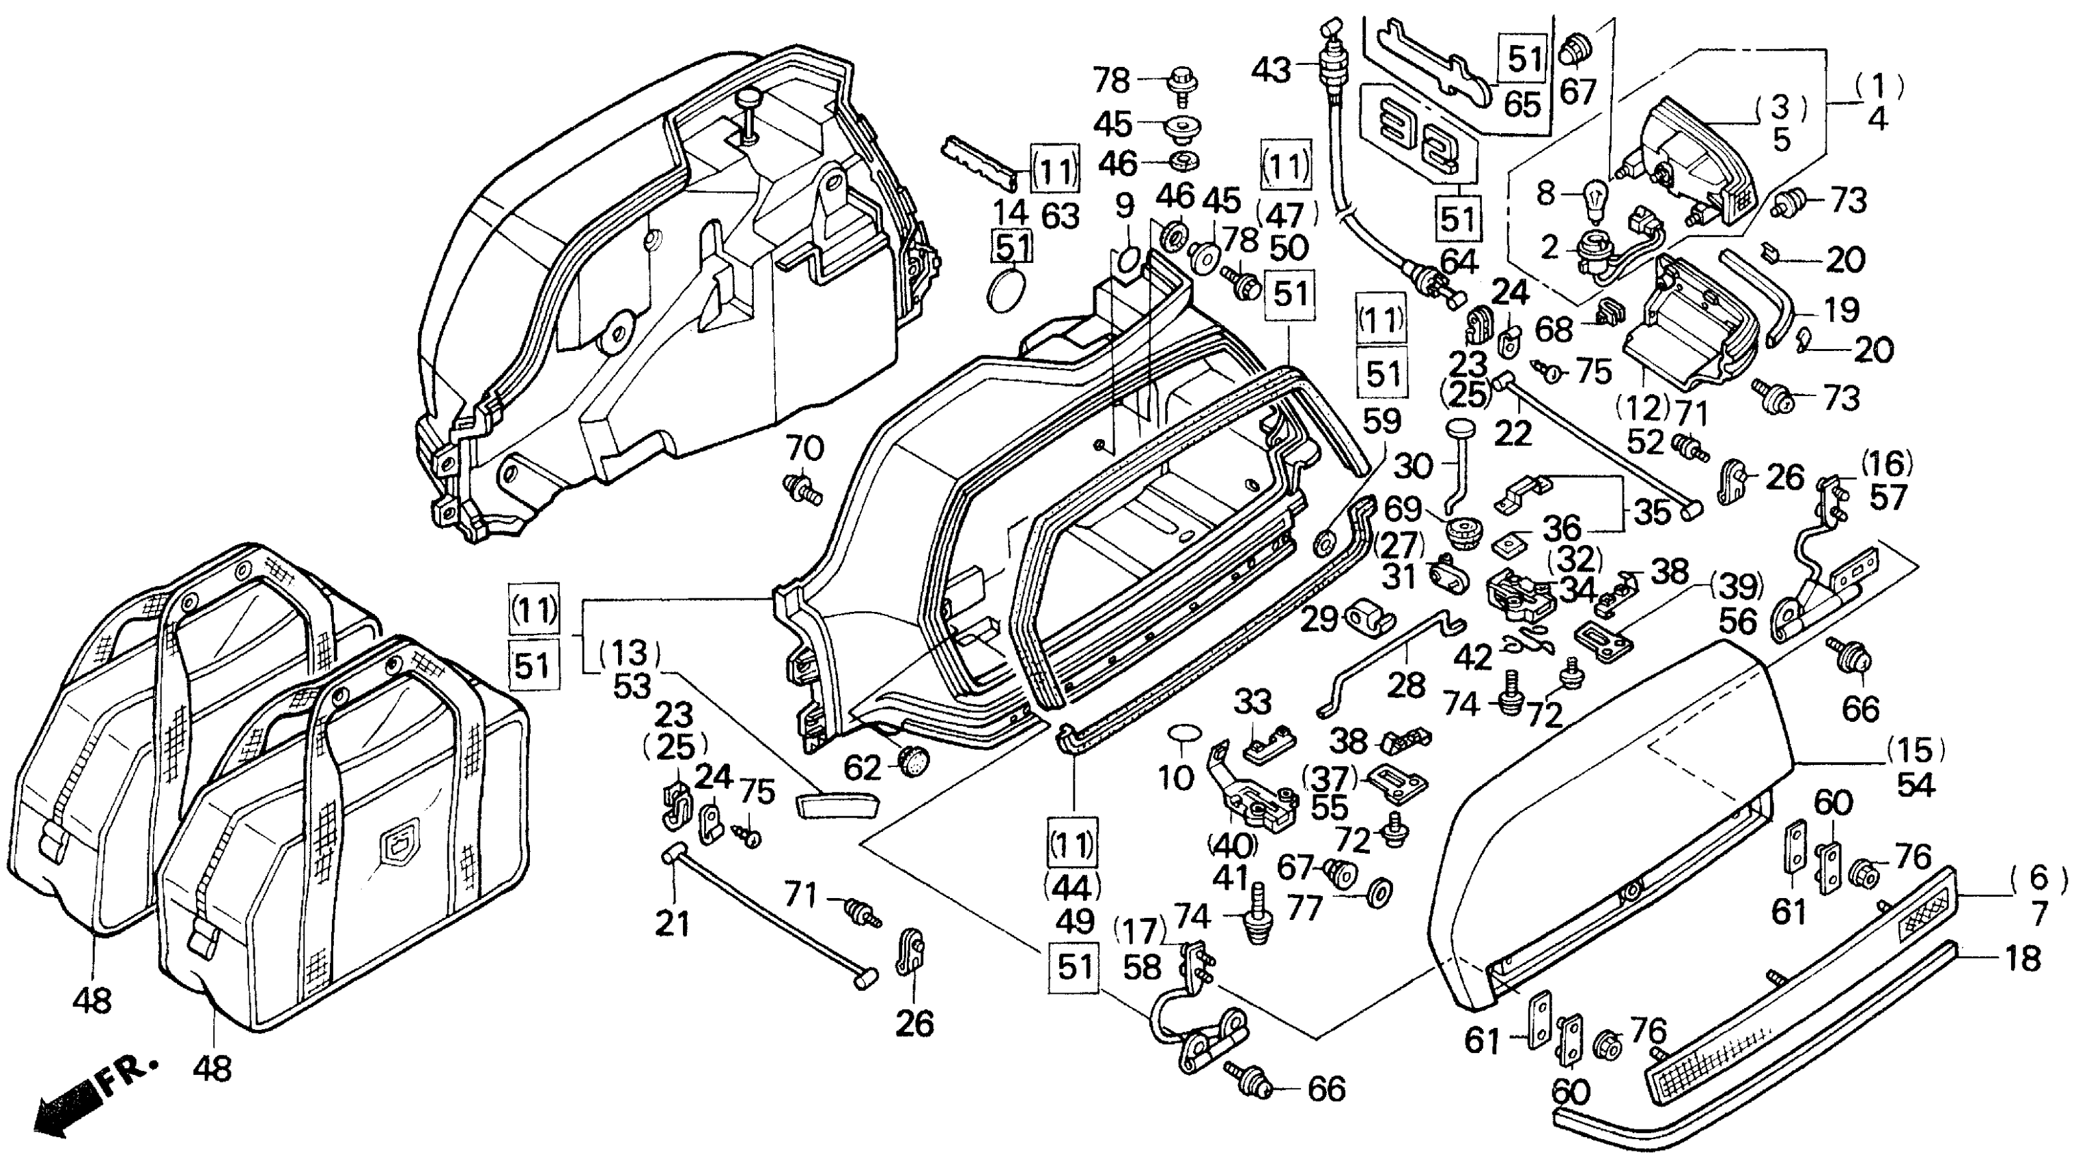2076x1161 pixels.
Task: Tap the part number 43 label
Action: tap(1271, 70)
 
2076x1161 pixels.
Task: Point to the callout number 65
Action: tap(1522, 104)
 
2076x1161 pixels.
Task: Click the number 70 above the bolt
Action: tap(804, 448)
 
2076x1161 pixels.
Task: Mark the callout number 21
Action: tap(672, 924)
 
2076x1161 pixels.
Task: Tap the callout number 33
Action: tap(1253, 703)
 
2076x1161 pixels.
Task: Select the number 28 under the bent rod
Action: tap(1406, 686)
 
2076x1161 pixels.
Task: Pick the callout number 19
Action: tap(1840, 309)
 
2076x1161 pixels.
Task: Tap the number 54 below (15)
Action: tap(1916, 785)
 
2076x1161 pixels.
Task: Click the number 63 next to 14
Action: tap(1060, 216)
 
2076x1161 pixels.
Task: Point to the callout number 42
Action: tap(1472, 658)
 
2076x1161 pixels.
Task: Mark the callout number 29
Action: tap(1319, 619)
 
